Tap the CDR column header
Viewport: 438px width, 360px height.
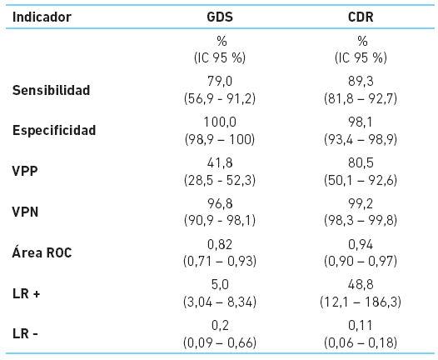click(x=362, y=17)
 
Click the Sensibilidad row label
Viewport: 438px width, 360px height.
click(x=51, y=90)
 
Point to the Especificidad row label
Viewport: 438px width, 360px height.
click(x=54, y=131)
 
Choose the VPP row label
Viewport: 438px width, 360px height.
click(x=26, y=172)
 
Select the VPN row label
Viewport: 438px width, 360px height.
click(x=26, y=212)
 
